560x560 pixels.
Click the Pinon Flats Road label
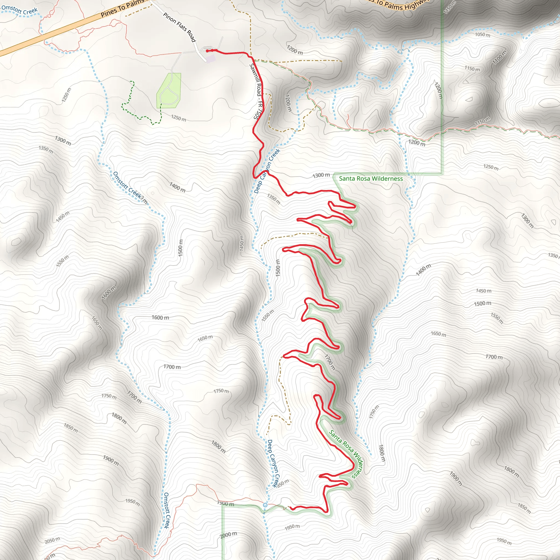179,27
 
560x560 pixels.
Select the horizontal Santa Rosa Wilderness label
371,179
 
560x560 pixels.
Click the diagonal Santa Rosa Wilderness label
346,454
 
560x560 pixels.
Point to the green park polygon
169,90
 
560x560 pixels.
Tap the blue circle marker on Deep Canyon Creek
265,505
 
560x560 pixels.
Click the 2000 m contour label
228,535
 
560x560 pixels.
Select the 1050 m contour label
482,34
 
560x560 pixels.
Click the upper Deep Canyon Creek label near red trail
267,171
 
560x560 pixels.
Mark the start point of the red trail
207,51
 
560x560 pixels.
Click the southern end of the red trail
290,508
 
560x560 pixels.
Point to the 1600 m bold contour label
160,317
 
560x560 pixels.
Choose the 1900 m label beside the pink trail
226,503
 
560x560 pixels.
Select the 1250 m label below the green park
178,118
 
